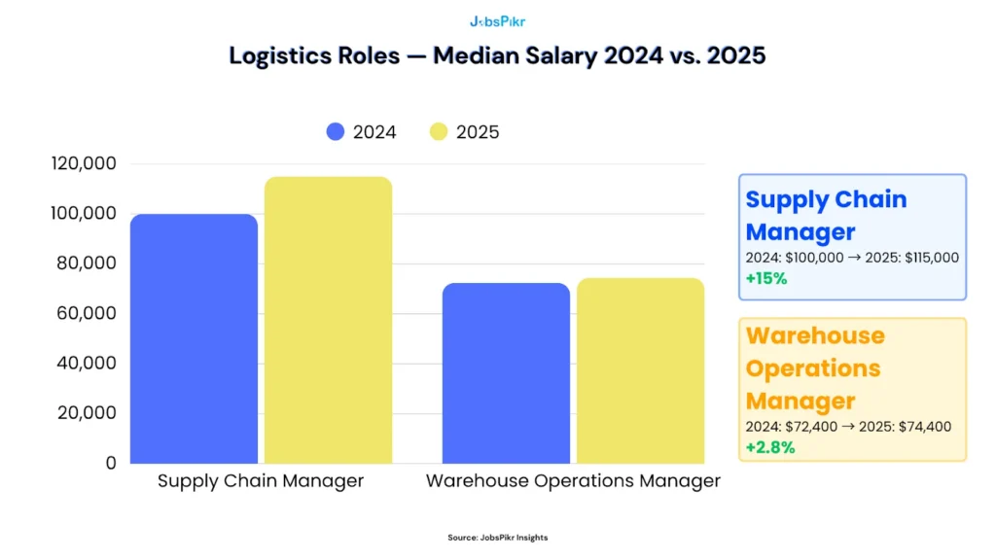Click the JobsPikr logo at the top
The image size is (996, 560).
click(497, 20)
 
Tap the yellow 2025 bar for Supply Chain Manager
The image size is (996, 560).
click(329, 320)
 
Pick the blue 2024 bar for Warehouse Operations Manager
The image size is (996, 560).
click(506, 373)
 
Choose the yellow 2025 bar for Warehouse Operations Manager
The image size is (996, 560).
click(640, 370)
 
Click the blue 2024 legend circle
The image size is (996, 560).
click(337, 132)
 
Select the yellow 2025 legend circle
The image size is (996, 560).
click(439, 132)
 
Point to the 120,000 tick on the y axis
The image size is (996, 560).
click(83, 163)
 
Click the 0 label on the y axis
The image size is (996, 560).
click(110, 463)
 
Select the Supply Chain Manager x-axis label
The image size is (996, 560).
click(261, 481)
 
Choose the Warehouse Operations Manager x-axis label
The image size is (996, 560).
click(573, 481)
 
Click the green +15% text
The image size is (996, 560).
click(766, 278)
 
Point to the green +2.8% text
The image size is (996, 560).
click(770, 447)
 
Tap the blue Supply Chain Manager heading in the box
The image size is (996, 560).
click(825, 216)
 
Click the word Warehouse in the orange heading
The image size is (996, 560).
click(815, 336)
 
